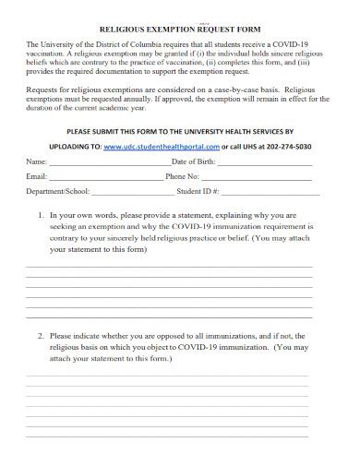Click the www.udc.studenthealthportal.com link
click(162, 146)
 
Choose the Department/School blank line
click(133, 194)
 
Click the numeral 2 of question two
click(41, 336)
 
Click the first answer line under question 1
click(169, 267)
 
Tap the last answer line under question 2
click(169, 435)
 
